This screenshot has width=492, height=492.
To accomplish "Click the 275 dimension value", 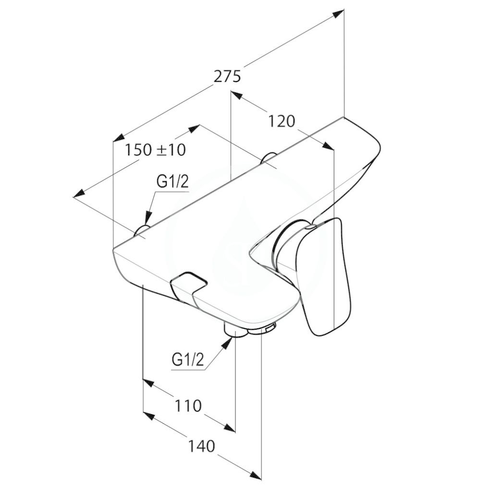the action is (x=227, y=76).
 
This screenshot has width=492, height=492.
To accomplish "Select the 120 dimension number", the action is (x=282, y=122).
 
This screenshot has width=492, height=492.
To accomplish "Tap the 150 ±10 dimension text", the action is (x=155, y=150).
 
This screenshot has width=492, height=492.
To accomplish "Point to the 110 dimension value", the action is (x=187, y=406).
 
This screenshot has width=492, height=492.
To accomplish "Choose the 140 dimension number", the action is (x=201, y=446).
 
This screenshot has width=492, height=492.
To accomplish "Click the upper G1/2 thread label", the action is (x=172, y=182).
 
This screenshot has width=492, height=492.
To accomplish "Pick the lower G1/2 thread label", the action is (x=188, y=360).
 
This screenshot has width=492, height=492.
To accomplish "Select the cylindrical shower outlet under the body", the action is (x=235, y=332).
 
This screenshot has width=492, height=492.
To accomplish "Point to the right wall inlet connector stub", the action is (x=269, y=158).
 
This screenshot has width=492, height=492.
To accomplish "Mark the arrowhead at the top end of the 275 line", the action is (x=338, y=13).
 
